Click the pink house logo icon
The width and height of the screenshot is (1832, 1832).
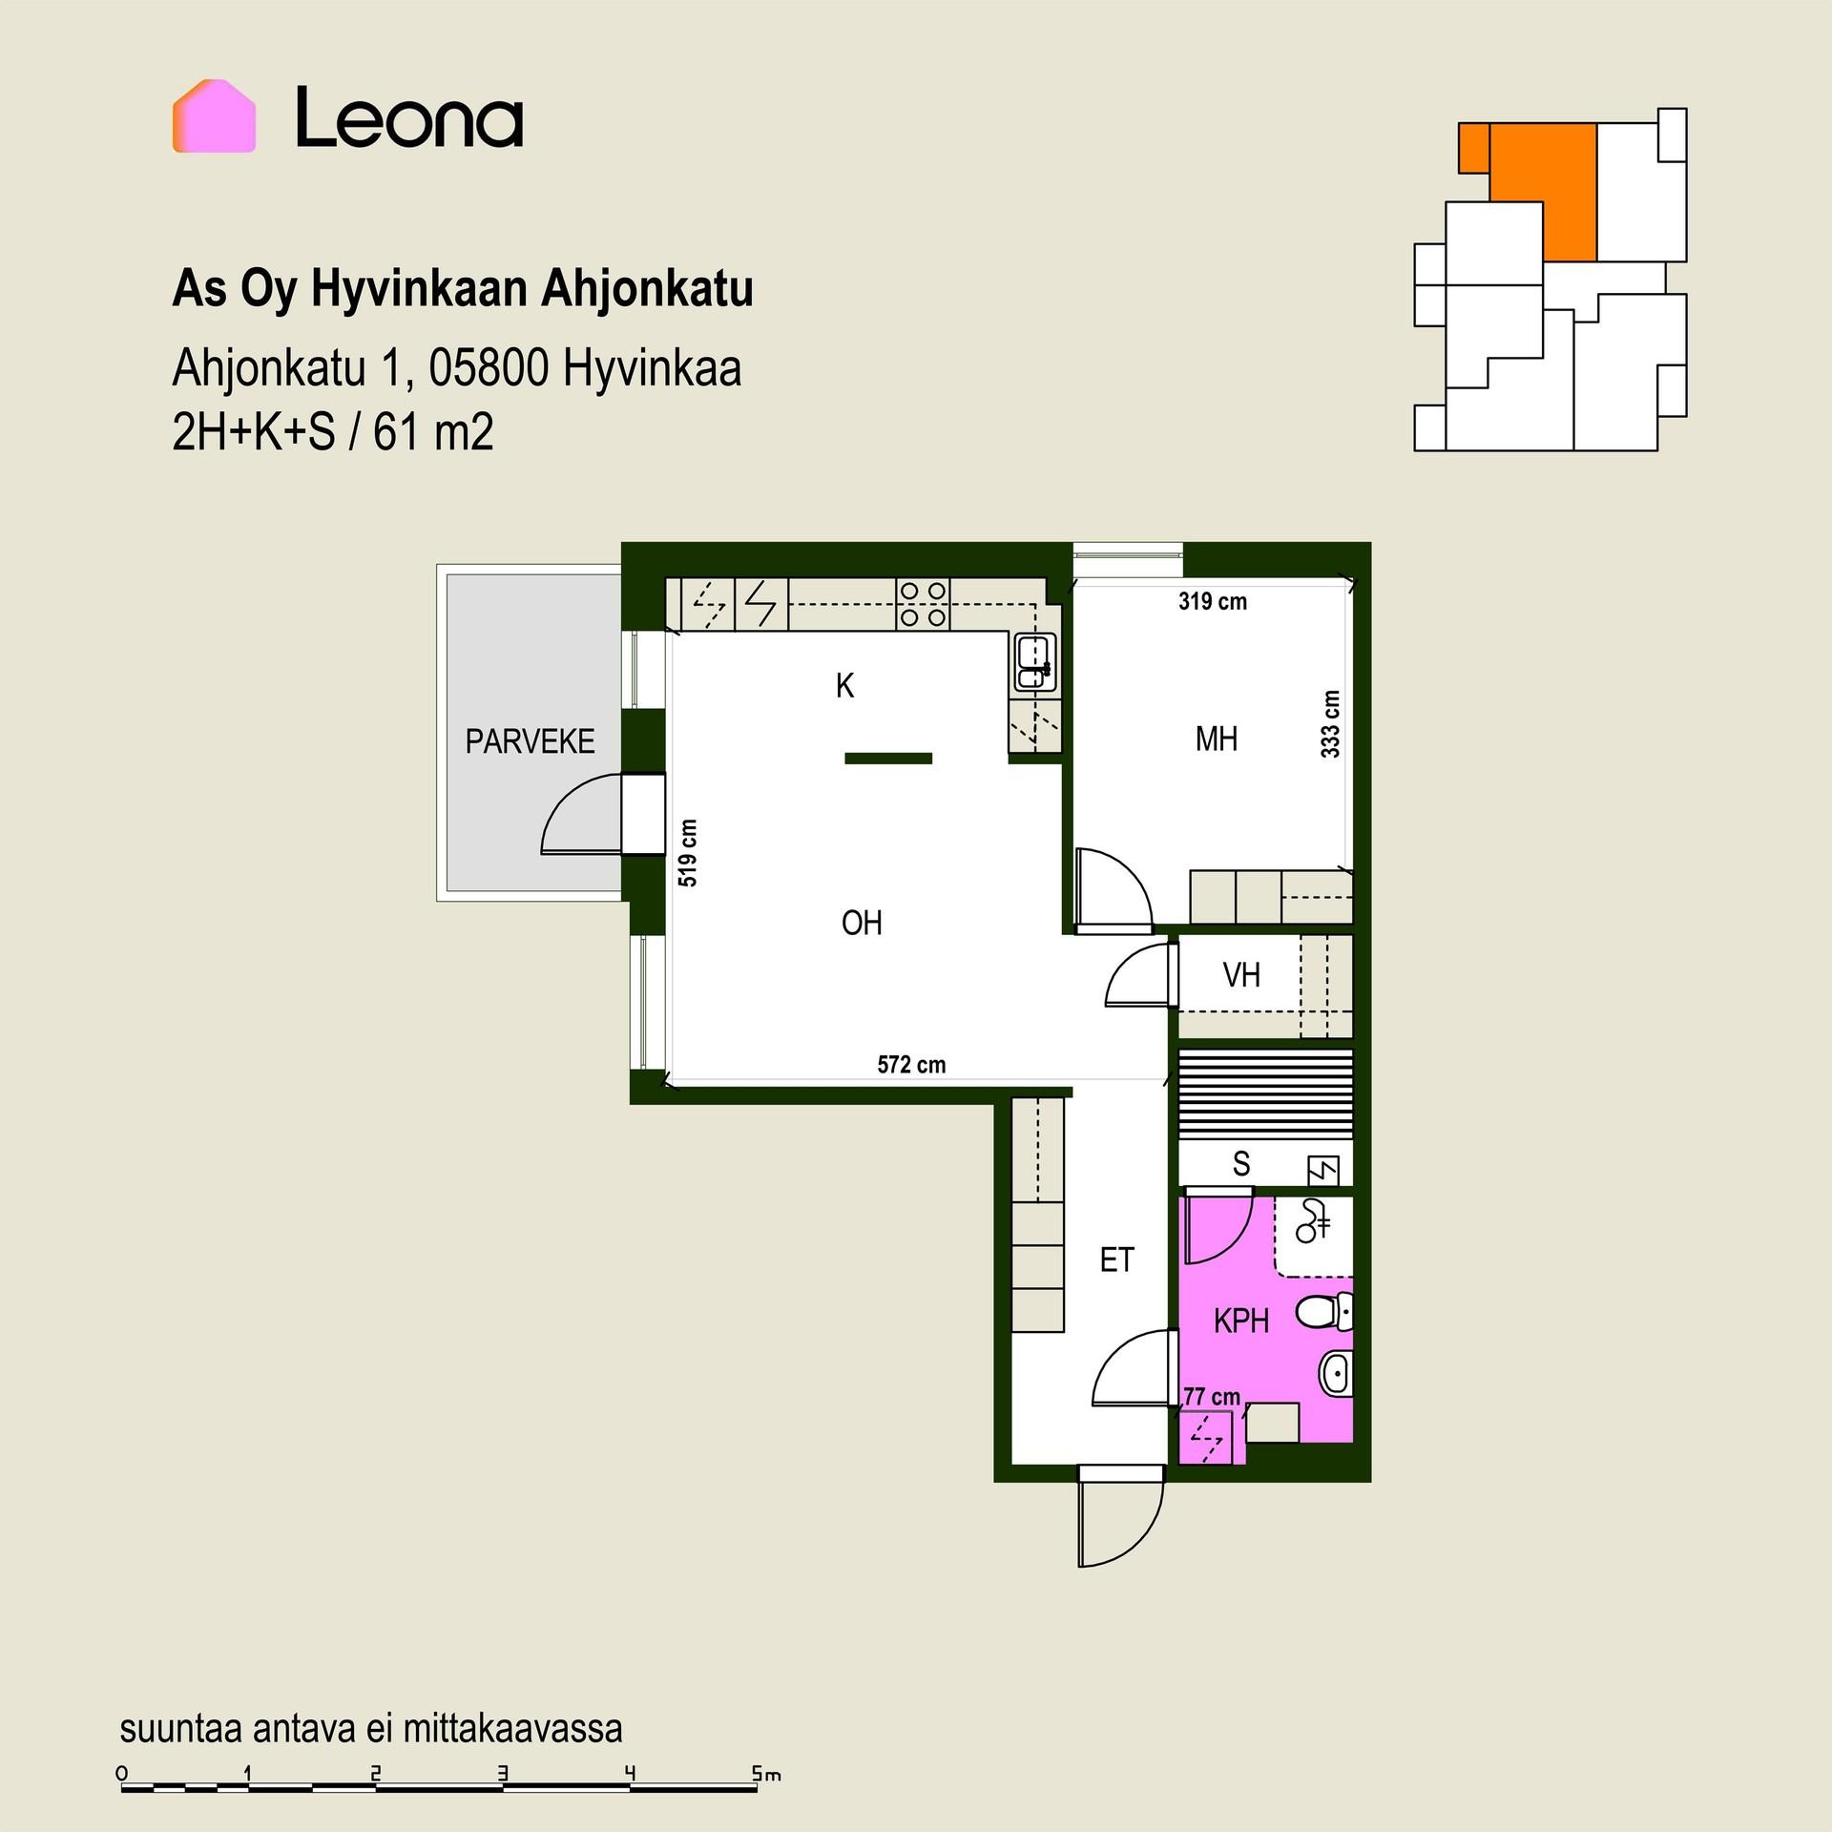tap(214, 116)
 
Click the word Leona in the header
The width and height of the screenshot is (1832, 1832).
tap(409, 118)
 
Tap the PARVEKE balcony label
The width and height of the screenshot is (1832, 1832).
tap(530, 741)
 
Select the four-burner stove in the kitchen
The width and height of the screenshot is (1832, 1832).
tap(923, 605)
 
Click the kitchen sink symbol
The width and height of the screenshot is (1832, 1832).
tap(1033, 662)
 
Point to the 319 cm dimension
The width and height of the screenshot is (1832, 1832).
tap(1212, 601)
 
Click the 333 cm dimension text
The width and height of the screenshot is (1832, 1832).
tap(1330, 724)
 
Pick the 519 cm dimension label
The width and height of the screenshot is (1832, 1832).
tap(687, 853)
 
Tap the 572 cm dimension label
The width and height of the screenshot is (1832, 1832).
tap(911, 1065)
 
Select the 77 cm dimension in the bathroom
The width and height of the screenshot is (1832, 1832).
tap(1212, 1397)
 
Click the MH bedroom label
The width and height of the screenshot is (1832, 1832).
tap(1216, 739)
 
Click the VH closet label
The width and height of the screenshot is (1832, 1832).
tap(1241, 975)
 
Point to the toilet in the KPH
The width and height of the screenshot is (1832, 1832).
tap(1323, 1312)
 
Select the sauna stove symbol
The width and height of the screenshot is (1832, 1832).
tap(1323, 1171)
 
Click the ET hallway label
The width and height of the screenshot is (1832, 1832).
tap(1116, 1260)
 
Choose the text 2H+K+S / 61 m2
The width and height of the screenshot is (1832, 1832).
tap(333, 432)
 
